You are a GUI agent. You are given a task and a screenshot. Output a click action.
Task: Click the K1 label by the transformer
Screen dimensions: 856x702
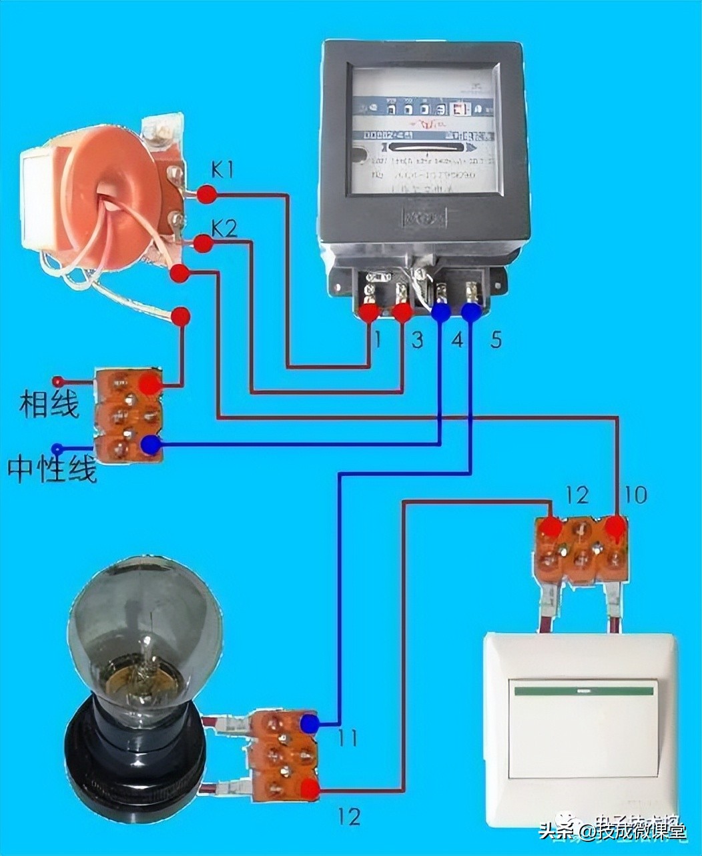tap(223, 170)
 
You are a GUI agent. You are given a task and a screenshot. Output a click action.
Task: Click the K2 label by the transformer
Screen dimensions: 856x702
tap(224, 229)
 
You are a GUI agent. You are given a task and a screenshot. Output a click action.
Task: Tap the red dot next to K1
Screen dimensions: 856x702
tap(208, 195)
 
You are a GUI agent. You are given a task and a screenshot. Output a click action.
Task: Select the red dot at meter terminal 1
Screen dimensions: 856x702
tap(369, 312)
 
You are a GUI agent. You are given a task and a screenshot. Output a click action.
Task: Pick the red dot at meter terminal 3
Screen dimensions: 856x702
tap(402, 311)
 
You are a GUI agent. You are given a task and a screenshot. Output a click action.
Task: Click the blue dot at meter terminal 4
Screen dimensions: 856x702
tap(440, 311)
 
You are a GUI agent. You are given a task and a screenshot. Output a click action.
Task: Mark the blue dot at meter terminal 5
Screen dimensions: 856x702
tap(471, 311)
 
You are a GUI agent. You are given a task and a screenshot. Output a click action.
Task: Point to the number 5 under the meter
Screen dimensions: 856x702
tap(495, 340)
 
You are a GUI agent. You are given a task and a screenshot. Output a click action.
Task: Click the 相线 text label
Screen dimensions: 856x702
tap(49, 403)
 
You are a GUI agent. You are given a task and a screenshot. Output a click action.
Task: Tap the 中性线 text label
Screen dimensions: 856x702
tap(52, 469)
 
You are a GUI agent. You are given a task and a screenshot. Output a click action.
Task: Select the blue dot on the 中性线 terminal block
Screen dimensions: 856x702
tap(151, 444)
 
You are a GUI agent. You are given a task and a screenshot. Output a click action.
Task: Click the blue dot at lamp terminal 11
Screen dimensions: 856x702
tap(309, 723)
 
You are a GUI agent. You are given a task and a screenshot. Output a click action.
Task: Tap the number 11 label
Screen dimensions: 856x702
tap(347, 738)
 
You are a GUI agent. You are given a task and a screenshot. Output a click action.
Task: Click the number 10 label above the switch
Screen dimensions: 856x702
tap(635, 495)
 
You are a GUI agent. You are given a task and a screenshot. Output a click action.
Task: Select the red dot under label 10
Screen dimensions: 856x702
tap(615, 526)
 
